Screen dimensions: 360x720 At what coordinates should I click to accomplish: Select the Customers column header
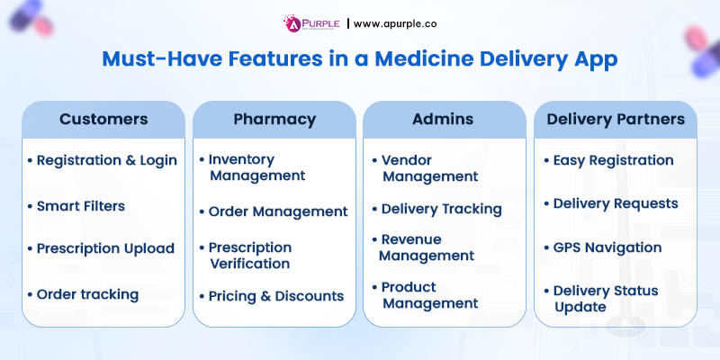(103, 119)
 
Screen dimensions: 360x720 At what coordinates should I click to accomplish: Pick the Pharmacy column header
(274, 119)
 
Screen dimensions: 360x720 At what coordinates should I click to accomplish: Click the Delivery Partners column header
(615, 119)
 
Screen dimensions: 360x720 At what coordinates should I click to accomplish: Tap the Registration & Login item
(106, 160)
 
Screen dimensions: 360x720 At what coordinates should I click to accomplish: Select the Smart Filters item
(80, 205)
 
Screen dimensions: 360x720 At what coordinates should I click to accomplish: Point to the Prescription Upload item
(104, 248)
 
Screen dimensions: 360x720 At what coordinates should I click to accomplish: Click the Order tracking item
(86, 293)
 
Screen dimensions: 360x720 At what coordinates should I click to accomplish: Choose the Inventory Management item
(256, 166)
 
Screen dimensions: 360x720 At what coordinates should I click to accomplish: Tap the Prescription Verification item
(249, 255)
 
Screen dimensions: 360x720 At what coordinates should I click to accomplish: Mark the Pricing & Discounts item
(275, 295)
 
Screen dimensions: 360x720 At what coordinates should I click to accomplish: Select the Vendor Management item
(429, 168)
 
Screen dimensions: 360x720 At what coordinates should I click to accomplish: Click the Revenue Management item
(427, 247)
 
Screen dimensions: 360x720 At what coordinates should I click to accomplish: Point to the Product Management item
(429, 295)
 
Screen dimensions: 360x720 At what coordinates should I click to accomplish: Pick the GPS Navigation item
(607, 247)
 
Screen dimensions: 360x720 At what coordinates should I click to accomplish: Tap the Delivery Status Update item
(605, 299)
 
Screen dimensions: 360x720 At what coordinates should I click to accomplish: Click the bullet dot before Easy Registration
(546, 161)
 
